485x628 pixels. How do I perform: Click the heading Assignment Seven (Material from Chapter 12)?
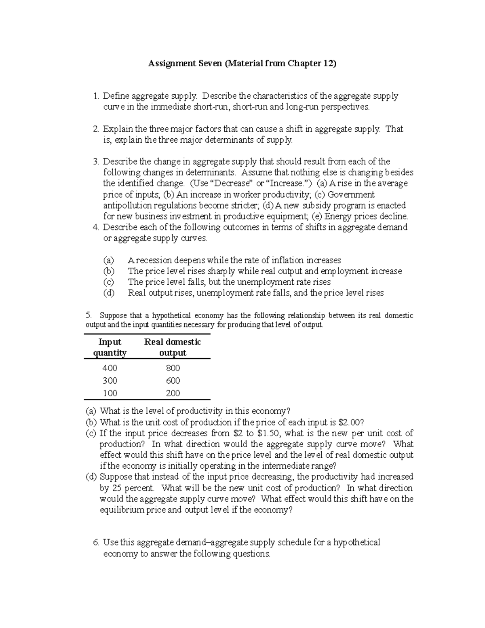click(x=242, y=63)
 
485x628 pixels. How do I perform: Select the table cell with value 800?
click(x=173, y=368)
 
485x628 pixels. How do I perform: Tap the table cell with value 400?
click(x=110, y=368)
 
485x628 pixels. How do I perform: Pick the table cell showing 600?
click(x=173, y=381)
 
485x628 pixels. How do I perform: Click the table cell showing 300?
click(x=110, y=381)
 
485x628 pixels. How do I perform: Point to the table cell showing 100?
click(x=110, y=393)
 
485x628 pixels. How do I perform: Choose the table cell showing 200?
click(x=173, y=393)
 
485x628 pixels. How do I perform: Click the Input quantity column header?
click(x=110, y=347)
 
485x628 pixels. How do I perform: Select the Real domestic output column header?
click(x=173, y=347)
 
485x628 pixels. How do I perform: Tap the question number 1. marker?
click(x=96, y=96)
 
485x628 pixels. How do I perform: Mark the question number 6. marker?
click(x=96, y=542)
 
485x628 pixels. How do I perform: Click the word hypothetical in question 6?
click(x=356, y=542)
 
